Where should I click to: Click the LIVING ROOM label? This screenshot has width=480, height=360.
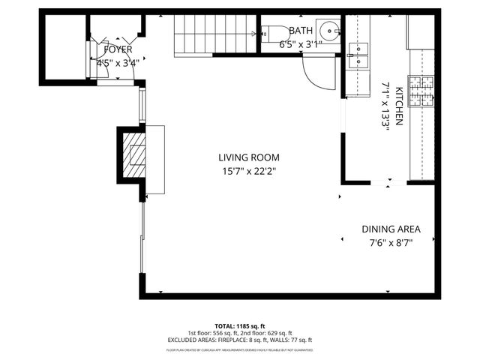[x=249, y=157]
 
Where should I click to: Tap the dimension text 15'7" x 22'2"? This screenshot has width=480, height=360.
[x=249, y=171]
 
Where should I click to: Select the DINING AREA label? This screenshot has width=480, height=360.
[x=391, y=229]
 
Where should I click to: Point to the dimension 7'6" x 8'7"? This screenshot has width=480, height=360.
[x=391, y=242]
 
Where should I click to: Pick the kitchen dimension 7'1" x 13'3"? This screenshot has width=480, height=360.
[x=386, y=106]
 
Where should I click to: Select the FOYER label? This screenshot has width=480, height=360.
[x=112, y=49]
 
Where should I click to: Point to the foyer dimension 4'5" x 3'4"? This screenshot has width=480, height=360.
[x=116, y=62]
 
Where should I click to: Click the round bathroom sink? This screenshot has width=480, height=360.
[x=328, y=32]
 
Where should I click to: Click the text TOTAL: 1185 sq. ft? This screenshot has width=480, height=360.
[x=239, y=325]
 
